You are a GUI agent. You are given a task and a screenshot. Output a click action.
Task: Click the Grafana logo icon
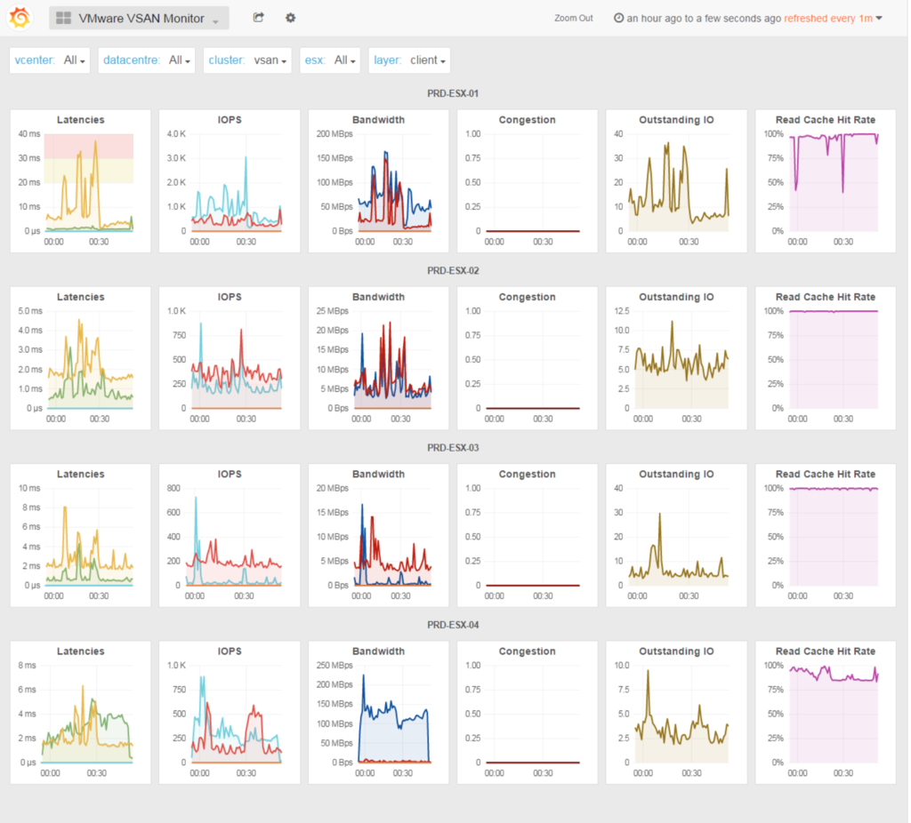20,18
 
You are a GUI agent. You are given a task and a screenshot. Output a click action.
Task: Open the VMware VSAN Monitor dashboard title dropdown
139,18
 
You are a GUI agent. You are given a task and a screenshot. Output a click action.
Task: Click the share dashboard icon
259,18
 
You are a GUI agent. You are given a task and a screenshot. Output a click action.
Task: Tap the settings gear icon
291,18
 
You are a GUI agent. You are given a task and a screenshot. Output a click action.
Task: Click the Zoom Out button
574,18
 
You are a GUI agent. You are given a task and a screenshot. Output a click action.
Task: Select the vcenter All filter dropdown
50,60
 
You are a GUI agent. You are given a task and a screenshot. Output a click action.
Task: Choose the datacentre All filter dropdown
147,60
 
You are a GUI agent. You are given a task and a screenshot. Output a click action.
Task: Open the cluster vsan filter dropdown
247,60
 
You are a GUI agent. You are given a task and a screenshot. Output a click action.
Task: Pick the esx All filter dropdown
330,60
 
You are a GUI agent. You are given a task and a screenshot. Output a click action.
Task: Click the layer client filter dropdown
409,60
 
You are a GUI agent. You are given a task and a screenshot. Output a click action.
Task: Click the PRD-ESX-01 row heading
453,93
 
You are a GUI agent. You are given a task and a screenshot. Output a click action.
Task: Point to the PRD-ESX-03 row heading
453,447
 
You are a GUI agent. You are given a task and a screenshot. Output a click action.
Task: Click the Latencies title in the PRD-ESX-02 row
81,297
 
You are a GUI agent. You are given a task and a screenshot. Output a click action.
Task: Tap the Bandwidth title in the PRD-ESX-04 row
378,651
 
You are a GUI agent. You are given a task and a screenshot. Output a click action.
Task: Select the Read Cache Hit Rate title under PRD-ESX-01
826,120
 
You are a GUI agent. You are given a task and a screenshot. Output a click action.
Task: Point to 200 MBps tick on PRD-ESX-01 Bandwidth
335,134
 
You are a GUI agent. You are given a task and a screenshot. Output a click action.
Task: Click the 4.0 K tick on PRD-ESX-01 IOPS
177,134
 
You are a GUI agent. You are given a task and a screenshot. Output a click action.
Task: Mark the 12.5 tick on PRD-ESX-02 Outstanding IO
622,311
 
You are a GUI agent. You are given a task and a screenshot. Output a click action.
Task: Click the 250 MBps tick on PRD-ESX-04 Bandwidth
335,665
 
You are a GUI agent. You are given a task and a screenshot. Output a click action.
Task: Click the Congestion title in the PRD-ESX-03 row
527,475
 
